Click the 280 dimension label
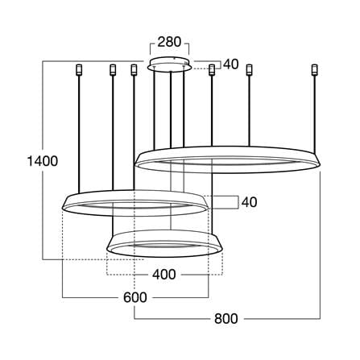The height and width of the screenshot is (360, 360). (169, 42)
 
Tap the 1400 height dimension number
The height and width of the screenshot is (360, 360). (43, 161)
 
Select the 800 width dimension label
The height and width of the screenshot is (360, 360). (226, 319)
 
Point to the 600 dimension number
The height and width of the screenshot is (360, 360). (135, 297)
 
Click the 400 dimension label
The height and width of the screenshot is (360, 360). (164, 274)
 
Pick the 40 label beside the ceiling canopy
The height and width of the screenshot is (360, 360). (231, 64)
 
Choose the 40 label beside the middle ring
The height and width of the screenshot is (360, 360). (249, 202)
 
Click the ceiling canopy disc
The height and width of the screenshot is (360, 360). (170, 64)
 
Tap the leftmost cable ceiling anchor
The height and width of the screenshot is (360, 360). (79, 70)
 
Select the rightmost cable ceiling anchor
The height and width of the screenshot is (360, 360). (314, 70)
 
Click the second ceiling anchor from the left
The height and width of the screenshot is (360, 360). (113, 70)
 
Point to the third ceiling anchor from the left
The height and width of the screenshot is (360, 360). (134, 70)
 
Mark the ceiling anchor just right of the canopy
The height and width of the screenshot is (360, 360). (212, 70)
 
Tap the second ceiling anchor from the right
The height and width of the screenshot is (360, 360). (250, 70)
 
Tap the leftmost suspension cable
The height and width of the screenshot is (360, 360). (79, 134)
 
